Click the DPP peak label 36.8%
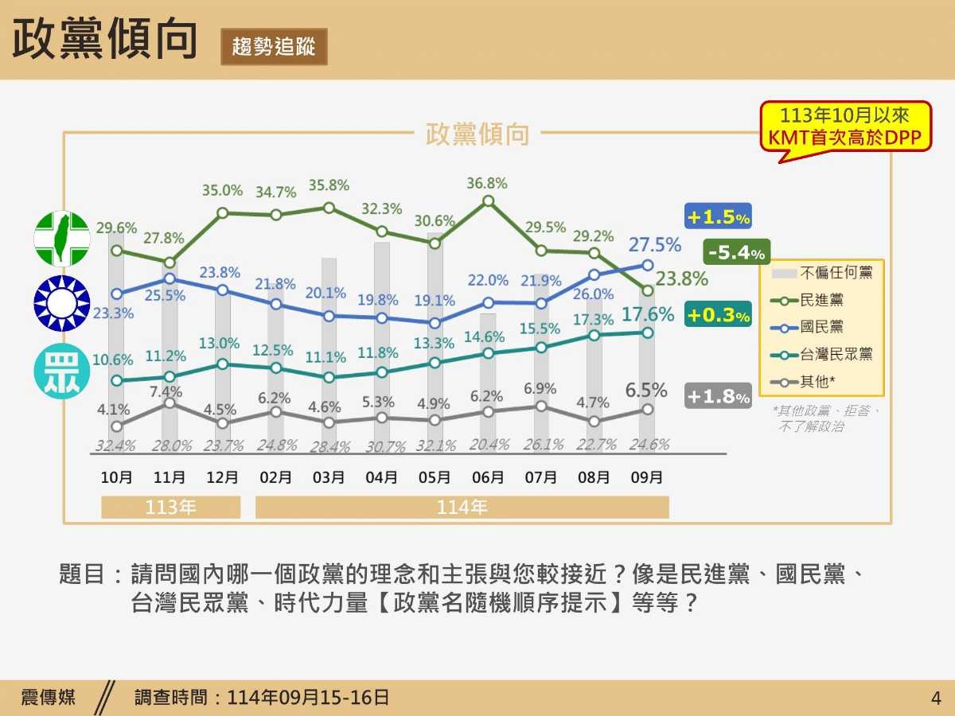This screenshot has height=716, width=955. pos(487,184)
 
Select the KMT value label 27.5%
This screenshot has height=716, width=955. pos(655,245)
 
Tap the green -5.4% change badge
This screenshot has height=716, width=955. pos(736,253)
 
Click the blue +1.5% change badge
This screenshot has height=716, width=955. pos(718,217)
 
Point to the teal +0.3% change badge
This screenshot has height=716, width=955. pos(718,315)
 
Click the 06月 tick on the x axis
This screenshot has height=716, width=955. pos(487,478)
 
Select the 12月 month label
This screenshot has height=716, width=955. pos(222,478)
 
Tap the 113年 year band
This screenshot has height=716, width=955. pos(170,508)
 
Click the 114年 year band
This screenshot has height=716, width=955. pos(462,508)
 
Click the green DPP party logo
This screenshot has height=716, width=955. pos(61,239)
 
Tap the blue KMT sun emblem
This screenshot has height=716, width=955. pos(61,303)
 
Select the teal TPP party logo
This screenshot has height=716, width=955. pos(61,370)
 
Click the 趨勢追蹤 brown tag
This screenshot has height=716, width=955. pos(274,46)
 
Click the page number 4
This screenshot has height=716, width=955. pos(935,698)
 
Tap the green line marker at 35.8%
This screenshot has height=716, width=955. pos(329,208)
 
